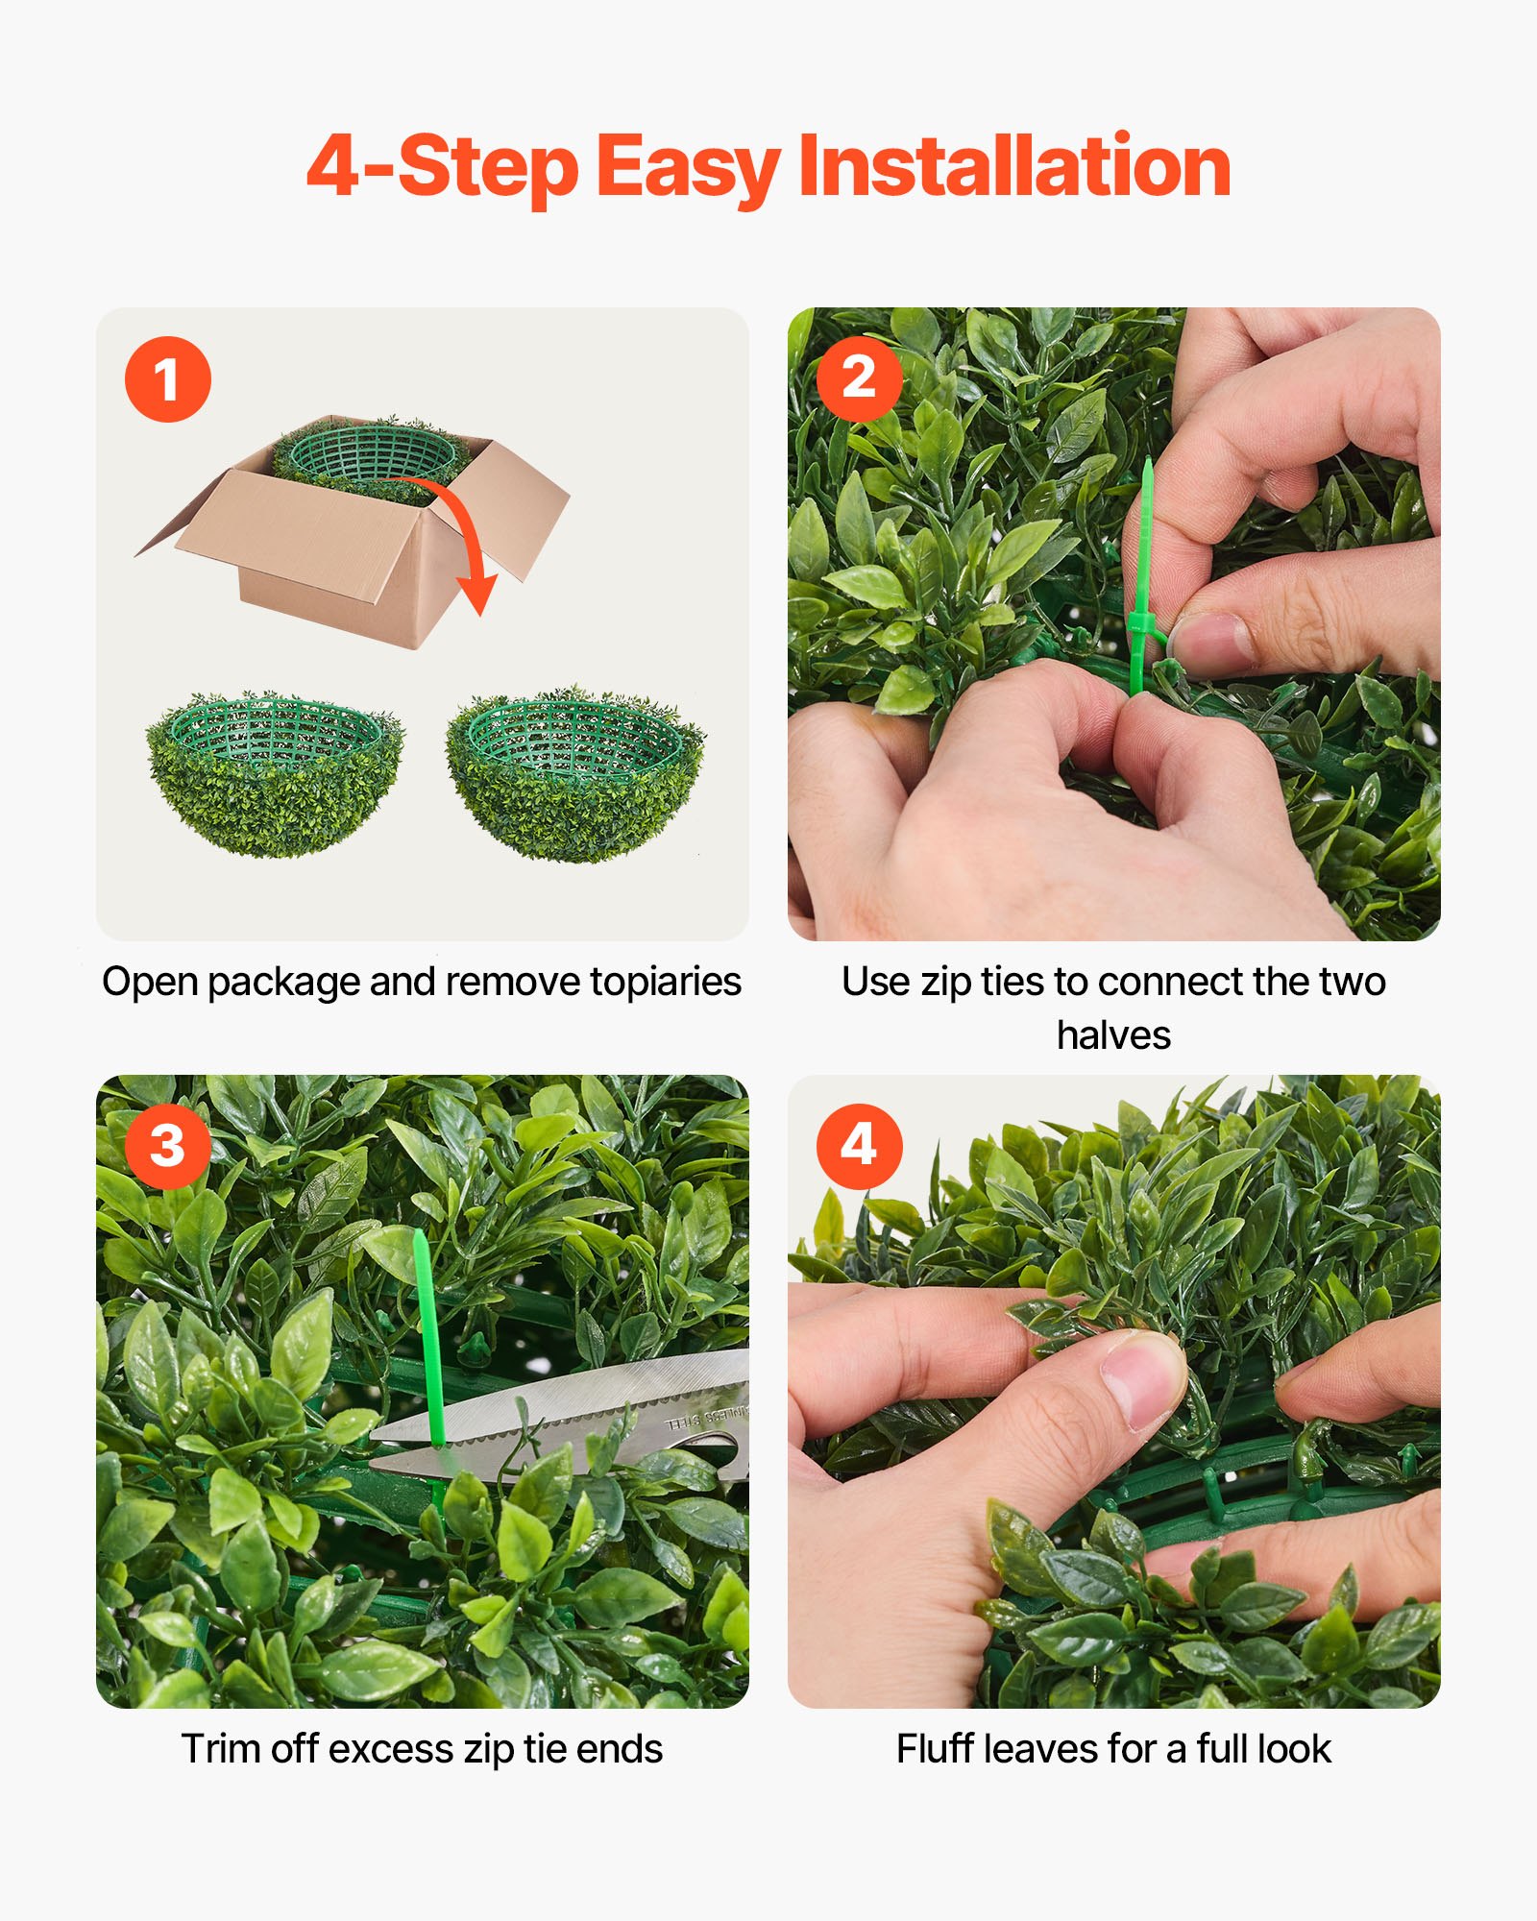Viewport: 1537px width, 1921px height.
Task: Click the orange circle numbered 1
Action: tap(167, 379)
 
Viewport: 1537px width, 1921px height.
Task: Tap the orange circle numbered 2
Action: tap(859, 378)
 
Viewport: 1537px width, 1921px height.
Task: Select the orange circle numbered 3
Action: tap(167, 1146)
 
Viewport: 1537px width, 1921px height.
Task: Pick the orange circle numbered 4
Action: tap(859, 1146)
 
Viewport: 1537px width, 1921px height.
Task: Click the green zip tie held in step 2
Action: tap(1142, 576)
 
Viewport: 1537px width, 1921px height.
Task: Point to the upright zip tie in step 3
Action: tap(427, 1335)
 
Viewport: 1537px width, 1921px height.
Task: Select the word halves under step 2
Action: tap(1113, 1035)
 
